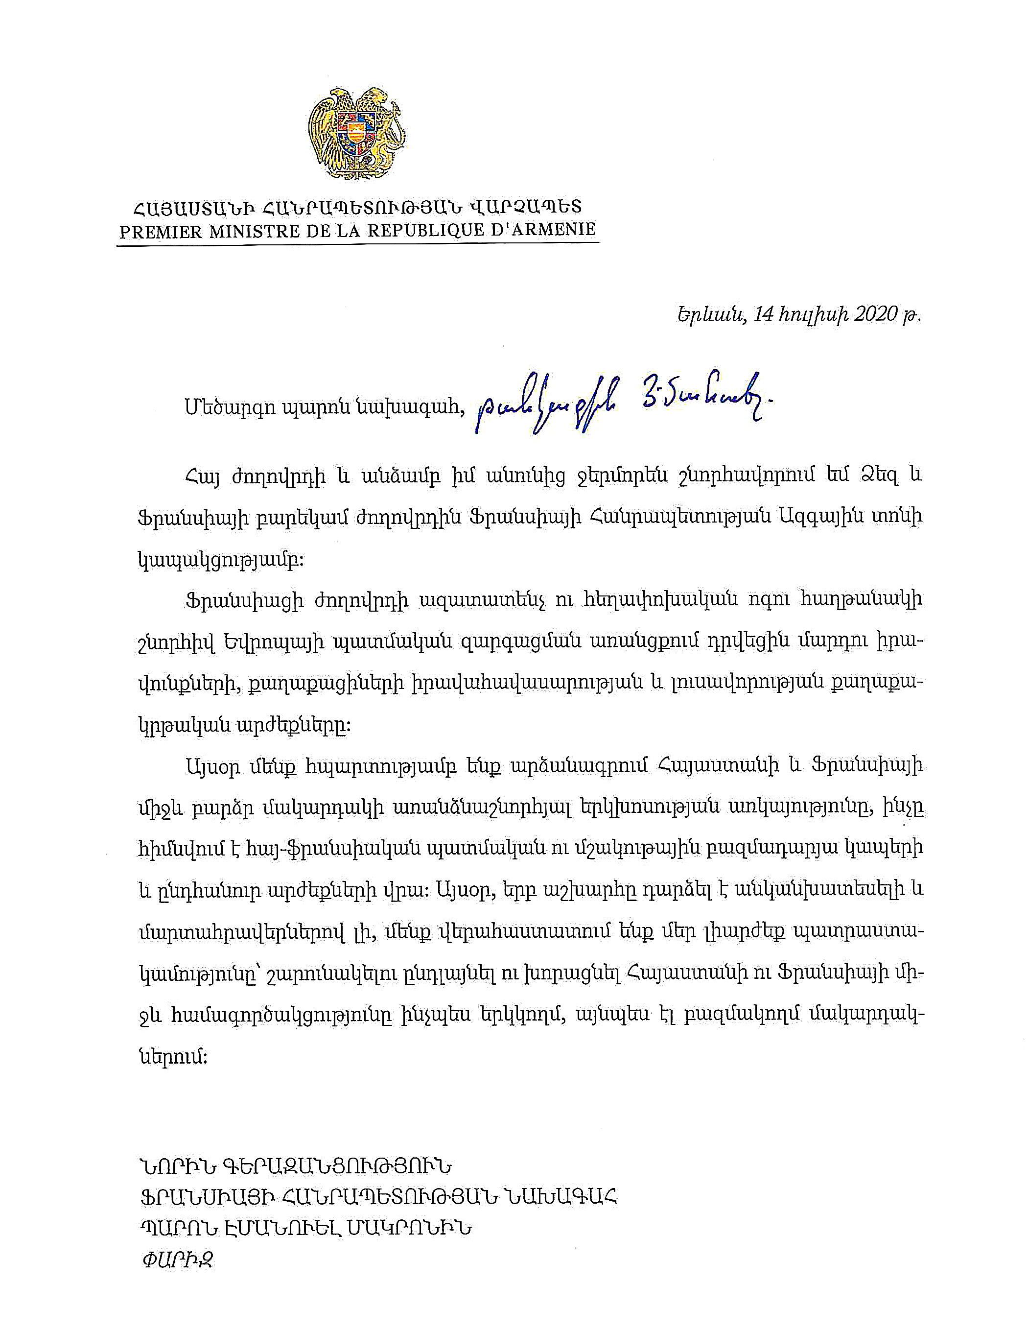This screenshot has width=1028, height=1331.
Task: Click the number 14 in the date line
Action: [764, 314]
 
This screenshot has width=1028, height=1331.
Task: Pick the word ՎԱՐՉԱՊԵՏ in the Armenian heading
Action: [525, 207]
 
